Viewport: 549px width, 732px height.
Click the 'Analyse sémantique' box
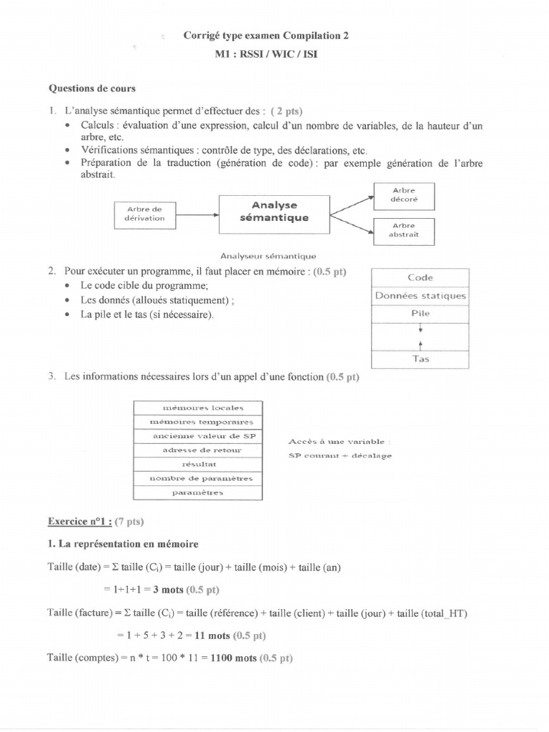click(x=274, y=212)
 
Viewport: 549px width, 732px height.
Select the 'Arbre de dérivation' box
click(x=145, y=213)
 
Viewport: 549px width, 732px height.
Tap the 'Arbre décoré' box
click(x=404, y=194)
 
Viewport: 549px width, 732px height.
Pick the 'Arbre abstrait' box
click(x=404, y=229)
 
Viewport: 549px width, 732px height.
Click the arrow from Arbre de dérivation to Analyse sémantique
click(x=197, y=213)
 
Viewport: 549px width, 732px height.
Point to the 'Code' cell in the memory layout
click(x=420, y=277)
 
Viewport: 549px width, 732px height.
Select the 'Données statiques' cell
click(x=420, y=295)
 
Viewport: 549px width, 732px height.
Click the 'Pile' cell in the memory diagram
click(x=420, y=313)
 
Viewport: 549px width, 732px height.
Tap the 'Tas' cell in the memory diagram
click(x=420, y=359)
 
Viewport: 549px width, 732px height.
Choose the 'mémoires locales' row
click(x=198, y=407)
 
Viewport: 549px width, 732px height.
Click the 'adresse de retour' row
click(x=198, y=450)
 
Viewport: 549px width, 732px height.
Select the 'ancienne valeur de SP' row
click(x=198, y=435)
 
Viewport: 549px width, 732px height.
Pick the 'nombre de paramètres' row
click(x=198, y=478)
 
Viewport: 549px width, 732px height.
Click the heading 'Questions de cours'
click(x=91, y=89)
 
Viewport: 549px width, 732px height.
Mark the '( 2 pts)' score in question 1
click(x=286, y=111)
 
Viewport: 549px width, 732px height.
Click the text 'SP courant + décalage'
click(x=340, y=455)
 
